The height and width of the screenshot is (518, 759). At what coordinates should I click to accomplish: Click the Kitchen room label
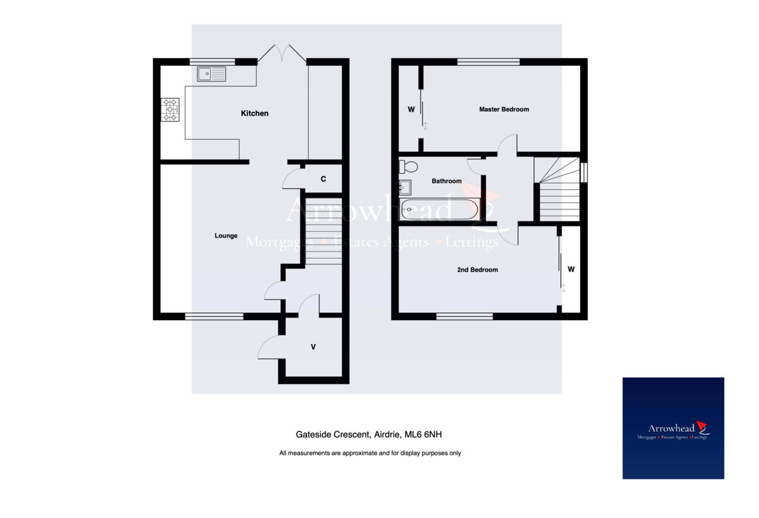(254, 113)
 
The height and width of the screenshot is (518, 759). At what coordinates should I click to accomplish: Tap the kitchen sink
(211, 75)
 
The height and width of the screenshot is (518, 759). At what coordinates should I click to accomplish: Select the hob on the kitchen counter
(170, 109)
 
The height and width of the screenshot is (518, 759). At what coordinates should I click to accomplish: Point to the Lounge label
(226, 236)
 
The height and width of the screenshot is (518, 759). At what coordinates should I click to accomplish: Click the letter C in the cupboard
(323, 179)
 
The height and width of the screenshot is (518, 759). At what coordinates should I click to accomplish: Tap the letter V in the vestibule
(313, 347)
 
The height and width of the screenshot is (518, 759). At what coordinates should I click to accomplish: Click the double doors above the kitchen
(281, 54)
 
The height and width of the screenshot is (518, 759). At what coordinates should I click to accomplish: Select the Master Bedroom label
(503, 109)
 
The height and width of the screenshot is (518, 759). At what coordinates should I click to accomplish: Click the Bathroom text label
(447, 181)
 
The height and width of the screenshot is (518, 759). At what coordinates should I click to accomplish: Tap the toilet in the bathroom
(408, 167)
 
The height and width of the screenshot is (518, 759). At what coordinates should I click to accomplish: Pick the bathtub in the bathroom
(440, 209)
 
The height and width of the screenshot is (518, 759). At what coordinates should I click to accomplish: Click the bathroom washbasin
(405, 187)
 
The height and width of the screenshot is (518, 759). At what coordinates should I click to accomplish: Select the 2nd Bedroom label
(478, 269)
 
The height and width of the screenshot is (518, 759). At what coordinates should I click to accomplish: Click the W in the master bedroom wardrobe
(411, 109)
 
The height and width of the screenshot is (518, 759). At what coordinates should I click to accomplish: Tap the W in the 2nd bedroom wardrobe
(571, 269)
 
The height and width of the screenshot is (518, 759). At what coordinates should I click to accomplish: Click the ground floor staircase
(323, 231)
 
